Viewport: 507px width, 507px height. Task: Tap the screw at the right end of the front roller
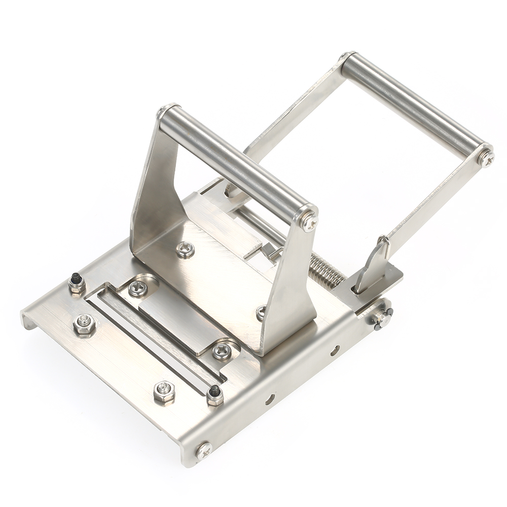pyautogui.click(x=308, y=221)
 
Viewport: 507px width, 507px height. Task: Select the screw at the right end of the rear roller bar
pyautogui.click(x=486, y=158)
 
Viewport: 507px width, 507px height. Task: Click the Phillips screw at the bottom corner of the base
pyautogui.click(x=203, y=449)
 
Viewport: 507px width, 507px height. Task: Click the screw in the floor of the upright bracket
pyautogui.click(x=185, y=249)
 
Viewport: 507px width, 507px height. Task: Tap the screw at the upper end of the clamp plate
pyautogui.click(x=137, y=288)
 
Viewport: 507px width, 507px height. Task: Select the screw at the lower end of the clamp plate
pyautogui.click(x=222, y=350)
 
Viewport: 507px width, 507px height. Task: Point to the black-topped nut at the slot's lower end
pyautogui.click(x=215, y=394)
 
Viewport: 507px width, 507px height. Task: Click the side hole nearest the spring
pyautogui.click(x=335, y=350)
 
